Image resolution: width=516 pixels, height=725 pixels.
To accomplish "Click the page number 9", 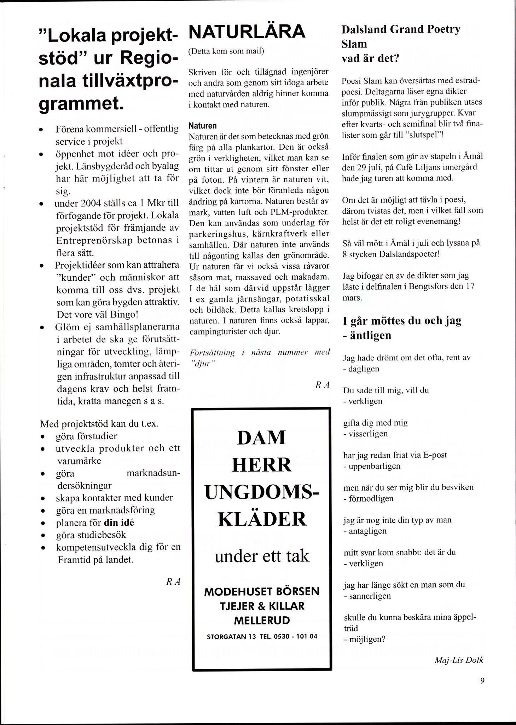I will (482, 681).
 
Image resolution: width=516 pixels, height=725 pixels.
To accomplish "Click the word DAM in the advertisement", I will (261, 438).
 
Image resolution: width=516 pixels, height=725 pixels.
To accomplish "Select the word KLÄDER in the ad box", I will (262, 519).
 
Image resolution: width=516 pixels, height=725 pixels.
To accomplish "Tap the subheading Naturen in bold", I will (202, 126).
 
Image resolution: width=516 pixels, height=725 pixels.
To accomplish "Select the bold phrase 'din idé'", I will (119, 523).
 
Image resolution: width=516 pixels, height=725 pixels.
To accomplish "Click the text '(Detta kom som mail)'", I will (226, 51).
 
